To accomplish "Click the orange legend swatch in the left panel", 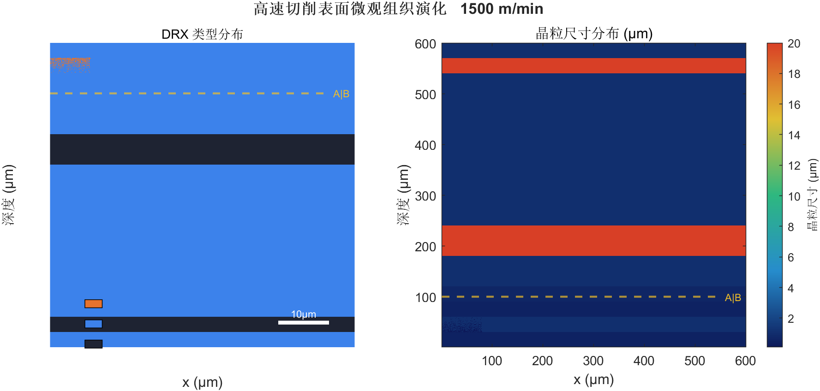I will (93, 303).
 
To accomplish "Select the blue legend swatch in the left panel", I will (93, 324).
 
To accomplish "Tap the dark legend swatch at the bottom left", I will (93, 344).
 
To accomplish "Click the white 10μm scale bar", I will (303, 322).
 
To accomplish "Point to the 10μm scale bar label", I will (303, 314).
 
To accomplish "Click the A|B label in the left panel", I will (341, 94).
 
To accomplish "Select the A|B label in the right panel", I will (733, 298).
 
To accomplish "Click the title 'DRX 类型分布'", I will (202, 34).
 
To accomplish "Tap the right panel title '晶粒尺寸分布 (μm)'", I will (594, 33).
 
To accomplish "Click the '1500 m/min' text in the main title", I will (502, 9).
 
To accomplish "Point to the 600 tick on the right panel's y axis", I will (425, 44).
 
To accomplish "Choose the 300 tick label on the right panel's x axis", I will (593, 361).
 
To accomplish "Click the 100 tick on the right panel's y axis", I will (425, 298).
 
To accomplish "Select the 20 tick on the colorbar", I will (794, 44).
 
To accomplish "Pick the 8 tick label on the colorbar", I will (790, 227).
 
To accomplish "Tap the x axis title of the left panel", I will (202, 382).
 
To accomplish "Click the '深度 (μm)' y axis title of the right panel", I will (403, 195).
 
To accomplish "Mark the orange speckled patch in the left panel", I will (70, 65).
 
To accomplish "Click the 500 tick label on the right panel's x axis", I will (694, 361).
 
